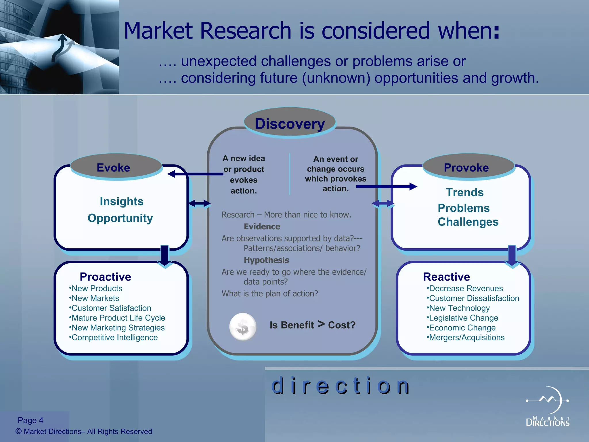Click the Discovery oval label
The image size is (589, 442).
click(290, 124)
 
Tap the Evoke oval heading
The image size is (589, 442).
click(113, 167)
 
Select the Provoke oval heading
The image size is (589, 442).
click(466, 167)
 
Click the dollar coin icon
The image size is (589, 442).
click(243, 327)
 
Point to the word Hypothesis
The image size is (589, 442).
click(266, 260)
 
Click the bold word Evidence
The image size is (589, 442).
click(262, 227)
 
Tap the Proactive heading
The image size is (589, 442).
click(105, 277)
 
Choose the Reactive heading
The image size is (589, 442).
click(446, 277)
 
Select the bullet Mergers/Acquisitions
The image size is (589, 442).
click(466, 338)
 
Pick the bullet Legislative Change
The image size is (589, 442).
click(463, 318)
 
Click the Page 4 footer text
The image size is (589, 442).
click(30, 420)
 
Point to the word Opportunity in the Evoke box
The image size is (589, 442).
click(120, 218)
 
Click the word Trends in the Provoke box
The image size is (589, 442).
click(465, 192)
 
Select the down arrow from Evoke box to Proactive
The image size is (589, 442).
click(165, 256)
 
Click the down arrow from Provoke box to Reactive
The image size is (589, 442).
click(512, 256)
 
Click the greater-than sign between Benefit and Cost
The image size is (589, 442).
click(321, 324)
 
